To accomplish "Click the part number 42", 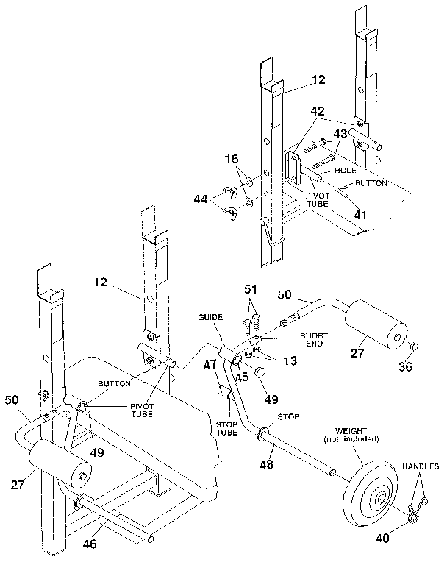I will coord(317,112).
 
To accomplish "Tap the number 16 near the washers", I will coord(232,159).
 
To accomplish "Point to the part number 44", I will coord(201,199).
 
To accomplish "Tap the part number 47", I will coord(210,363).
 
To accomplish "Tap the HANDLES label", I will coord(421,466).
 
